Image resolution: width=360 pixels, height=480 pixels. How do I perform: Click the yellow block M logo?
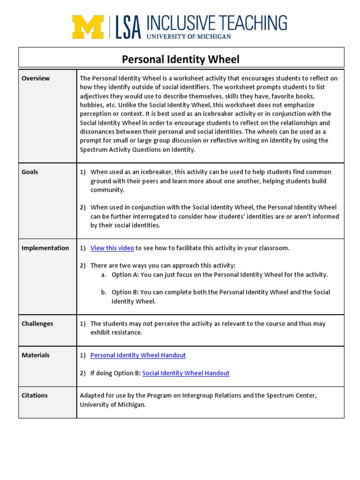click(x=88, y=27)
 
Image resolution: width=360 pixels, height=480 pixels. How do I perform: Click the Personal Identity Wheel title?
click(x=180, y=60)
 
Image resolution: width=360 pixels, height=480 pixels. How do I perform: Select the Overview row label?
click(x=36, y=78)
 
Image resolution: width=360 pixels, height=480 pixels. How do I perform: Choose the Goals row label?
click(x=30, y=172)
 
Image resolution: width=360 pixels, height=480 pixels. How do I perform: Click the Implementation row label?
click(x=45, y=248)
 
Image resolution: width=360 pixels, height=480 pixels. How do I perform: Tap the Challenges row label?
click(x=37, y=323)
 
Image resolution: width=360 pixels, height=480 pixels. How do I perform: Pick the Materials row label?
click(x=36, y=355)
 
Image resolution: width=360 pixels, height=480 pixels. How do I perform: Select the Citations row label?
click(x=35, y=395)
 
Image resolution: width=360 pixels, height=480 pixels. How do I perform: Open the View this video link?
click(x=112, y=248)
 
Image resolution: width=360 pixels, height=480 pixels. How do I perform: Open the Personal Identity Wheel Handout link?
click(x=138, y=355)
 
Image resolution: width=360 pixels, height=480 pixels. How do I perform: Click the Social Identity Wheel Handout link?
click(x=186, y=373)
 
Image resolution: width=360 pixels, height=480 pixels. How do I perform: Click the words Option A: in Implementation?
click(x=125, y=275)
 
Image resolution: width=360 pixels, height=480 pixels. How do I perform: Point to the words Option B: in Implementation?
click(x=125, y=292)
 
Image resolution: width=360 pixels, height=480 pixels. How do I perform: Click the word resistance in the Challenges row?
click(x=127, y=332)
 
